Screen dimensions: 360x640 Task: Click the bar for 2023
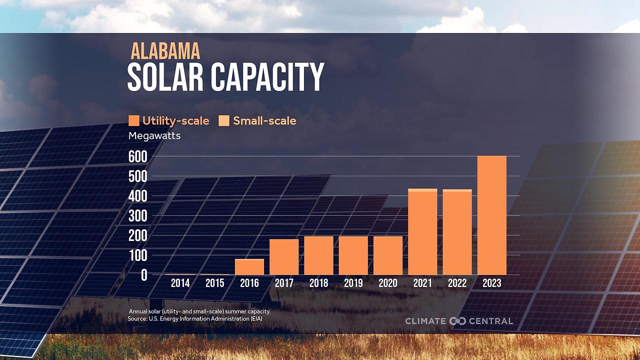click(x=492, y=215)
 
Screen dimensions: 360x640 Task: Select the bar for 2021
click(x=422, y=232)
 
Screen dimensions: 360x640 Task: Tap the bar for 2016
click(x=249, y=267)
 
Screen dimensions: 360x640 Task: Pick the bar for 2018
click(x=318, y=255)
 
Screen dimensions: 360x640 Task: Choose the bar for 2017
click(x=284, y=257)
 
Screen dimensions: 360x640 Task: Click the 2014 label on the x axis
click(x=180, y=283)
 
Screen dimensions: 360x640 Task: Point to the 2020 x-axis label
click(x=388, y=283)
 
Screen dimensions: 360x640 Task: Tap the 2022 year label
click(x=457, y=283)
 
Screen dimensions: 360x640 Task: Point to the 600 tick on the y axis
click(x=137, y=157)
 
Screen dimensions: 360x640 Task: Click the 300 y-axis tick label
click(x=137, y=216)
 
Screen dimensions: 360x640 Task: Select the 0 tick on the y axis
click(x=144, y=275)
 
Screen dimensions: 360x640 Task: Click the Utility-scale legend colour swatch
click(x=133, y=120)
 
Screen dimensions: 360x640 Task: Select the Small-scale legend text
click(x=264, y=121)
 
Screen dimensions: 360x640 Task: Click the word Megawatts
click(x=154, y=135)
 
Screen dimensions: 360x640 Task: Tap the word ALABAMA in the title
click(x=165, y=51)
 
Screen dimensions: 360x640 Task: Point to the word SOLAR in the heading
click(x=165, y=77)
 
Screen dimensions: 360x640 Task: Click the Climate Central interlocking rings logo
click(x=457, y=321)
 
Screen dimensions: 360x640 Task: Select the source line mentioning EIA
click(x=195, y=318)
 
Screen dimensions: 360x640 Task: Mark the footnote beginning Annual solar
click(x=199, y=311)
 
